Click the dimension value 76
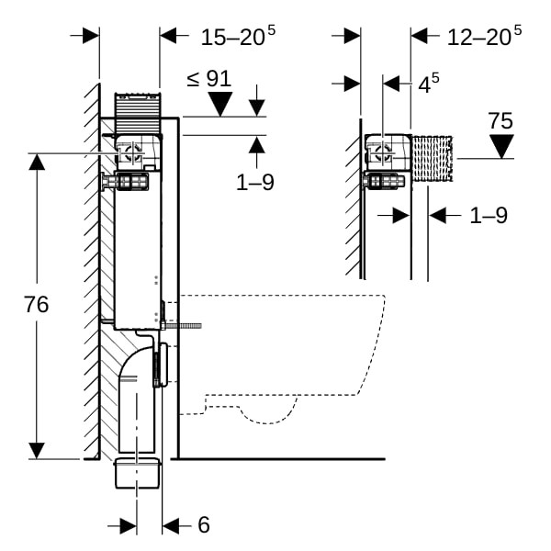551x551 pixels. click(37, 305)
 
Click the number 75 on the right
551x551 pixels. click(500, 120)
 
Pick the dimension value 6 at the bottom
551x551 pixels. click(203, 524)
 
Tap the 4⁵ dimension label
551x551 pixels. click(428, 84)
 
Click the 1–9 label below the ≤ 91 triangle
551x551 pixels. click(255, 182)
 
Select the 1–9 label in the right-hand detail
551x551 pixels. click(489, 215)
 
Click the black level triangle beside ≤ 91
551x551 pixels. click(221, 105)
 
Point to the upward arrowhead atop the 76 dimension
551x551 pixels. click(37, 163)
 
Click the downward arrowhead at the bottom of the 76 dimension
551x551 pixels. click(37, 450)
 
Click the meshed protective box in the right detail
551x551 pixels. click(432, 159)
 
